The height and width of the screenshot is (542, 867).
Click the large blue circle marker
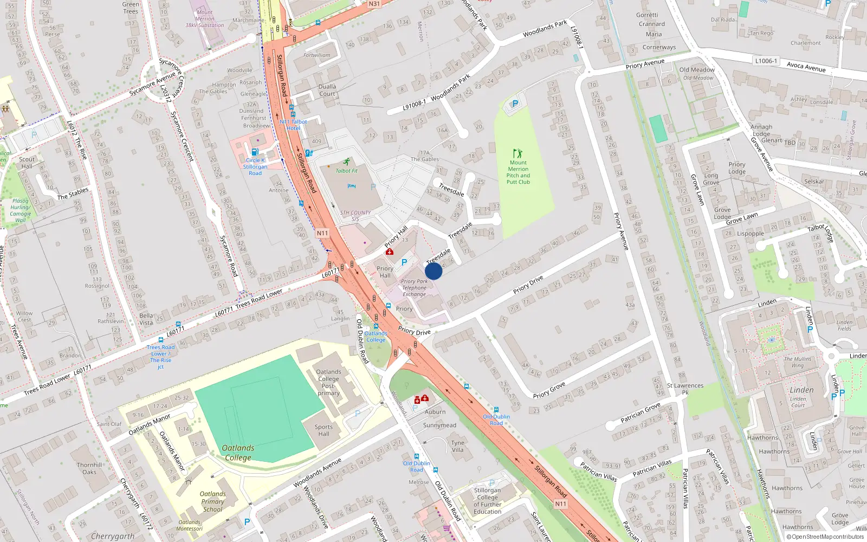(x=433, y=271)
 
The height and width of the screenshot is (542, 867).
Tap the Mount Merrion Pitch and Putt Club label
(x=518, y=172)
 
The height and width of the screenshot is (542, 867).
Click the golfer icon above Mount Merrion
(x=518, y=153)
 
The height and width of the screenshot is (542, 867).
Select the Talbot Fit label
(x=346, y=171)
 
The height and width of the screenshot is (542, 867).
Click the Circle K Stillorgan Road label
(x=255, y=166)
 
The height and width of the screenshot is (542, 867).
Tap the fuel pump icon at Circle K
(x=255, y=152)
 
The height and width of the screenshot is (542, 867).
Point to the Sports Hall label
(x=323, y=430)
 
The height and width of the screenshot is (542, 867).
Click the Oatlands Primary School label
(x=212, y=501)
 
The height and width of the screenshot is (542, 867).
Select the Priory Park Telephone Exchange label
(x=415, y=288)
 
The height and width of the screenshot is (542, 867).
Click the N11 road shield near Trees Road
(x=322, y=233)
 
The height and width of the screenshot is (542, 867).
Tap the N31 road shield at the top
(x=374, y=4)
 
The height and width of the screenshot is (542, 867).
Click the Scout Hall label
(x=27, y=163)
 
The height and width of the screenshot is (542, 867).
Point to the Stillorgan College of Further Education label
(x=487, y=501)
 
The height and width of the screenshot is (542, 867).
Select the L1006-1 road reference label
(x=766, y=61)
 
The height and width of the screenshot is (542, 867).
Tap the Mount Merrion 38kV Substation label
(x=204, y=18)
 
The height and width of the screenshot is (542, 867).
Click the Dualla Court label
(x=327, y=90)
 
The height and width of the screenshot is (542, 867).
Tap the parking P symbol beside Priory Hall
(x=404, y=262)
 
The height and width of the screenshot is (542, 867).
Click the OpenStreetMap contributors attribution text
(x=826, y=537)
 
